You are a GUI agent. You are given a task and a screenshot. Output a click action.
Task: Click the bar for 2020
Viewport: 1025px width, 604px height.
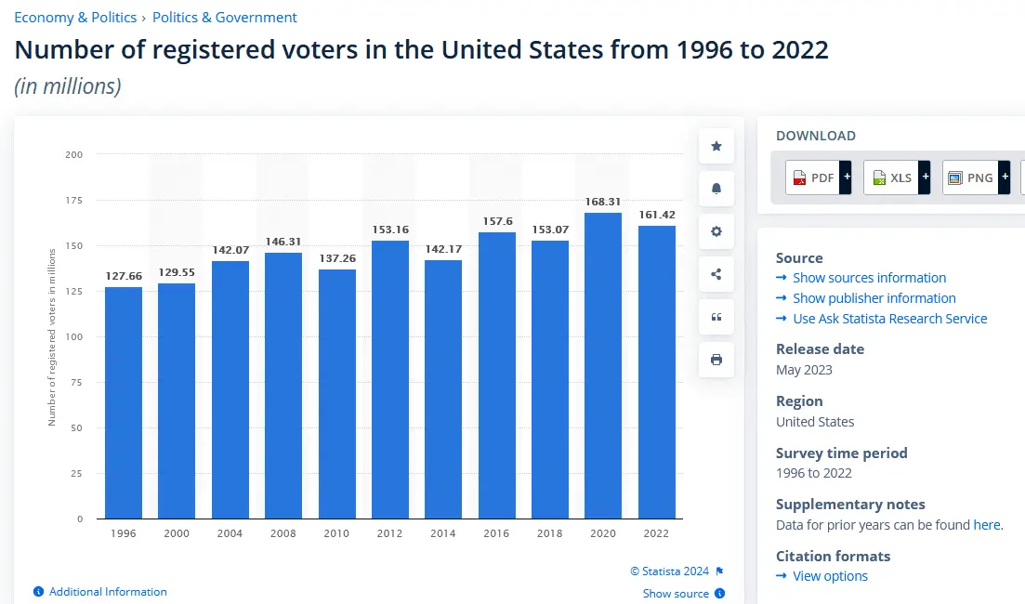(603, 365)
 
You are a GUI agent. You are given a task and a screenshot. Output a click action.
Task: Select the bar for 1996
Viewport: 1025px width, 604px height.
(124, 402)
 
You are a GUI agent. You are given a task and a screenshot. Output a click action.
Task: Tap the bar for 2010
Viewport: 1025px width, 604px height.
(336, 394)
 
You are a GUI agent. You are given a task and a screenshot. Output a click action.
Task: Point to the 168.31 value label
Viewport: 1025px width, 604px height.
(603, 202)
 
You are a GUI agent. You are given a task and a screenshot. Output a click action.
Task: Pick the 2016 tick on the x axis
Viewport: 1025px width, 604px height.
(496, 533)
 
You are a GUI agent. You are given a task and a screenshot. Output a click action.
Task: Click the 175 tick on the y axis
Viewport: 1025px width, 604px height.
(74, 200)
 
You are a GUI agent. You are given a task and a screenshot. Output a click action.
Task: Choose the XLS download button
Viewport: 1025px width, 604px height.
(896, 177)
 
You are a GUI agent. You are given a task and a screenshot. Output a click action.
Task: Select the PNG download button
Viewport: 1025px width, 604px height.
(975, 177)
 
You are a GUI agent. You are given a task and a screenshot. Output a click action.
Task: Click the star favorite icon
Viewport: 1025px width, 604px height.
(716, 147)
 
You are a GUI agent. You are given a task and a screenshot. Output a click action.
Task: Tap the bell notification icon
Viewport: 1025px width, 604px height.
(716, 190)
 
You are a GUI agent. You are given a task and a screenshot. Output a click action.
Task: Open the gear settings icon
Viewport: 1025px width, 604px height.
(716, 231)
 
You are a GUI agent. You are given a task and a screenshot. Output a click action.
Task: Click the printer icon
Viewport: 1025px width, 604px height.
(716, 360)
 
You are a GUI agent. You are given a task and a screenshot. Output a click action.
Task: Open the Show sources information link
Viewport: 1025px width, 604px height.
(869, 278)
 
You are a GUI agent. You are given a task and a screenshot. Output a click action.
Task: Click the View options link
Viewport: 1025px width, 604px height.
(830, 576)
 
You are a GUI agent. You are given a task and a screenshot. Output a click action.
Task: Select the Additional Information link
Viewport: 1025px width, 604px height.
(108, 592)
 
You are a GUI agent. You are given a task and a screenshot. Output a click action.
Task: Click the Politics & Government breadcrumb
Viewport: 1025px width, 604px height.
(225, 18)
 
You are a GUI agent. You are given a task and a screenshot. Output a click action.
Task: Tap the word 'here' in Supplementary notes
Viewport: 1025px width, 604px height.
(986, 525)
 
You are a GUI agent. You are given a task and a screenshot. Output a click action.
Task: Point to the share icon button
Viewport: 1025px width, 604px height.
(716, 274)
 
